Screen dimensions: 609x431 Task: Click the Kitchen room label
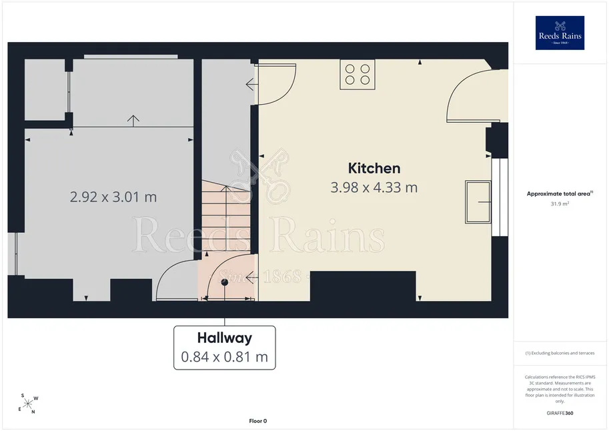[374, 168]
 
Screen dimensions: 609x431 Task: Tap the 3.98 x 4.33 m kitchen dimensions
[374, 187]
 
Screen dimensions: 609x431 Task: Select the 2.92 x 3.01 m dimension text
[113, 197]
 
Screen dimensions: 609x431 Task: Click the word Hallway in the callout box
[225, 338]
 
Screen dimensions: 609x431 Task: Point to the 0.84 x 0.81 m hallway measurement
[225, 357]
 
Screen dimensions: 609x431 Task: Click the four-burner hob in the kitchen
[358, 75]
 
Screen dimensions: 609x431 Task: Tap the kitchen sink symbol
[478, 202]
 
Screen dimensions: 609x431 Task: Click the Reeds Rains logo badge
[560, 33]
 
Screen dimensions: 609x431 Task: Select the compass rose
[29, 404]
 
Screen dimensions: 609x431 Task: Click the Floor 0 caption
[258, 421]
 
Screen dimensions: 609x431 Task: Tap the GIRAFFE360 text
[560, 413]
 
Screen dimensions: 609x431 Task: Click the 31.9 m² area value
[560, 203]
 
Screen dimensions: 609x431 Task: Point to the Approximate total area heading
[560, 193]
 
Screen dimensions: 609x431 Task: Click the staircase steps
[225, 215]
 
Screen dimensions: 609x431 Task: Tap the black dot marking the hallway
[225, 282]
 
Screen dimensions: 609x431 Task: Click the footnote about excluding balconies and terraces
[560, 353]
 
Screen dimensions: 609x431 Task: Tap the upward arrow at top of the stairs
[226, 189]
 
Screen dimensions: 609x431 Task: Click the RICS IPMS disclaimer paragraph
[560, 389]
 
